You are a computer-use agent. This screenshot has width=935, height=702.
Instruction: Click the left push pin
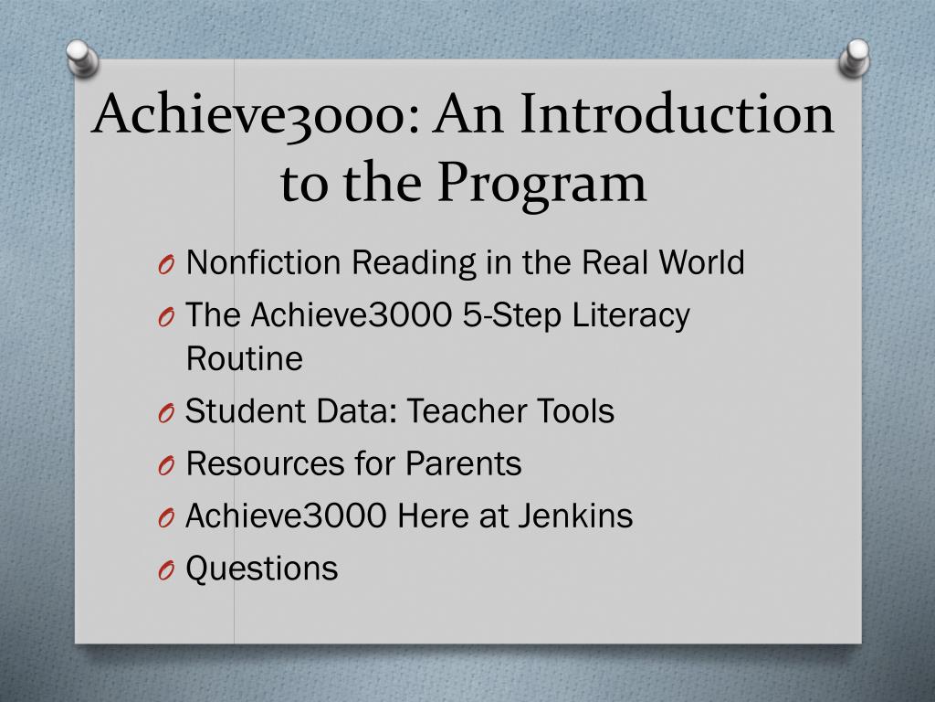81,58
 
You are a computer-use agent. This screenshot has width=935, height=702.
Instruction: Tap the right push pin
854,58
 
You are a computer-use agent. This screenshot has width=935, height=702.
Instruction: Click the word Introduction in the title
677,113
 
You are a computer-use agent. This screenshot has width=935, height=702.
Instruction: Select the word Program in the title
542,182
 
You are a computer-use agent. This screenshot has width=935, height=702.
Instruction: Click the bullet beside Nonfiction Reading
166,264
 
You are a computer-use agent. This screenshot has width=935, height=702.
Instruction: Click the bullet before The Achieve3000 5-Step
166,316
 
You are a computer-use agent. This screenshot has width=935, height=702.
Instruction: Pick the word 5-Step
511,315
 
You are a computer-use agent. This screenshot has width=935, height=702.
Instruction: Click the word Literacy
631,315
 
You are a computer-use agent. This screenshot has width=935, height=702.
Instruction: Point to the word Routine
245,358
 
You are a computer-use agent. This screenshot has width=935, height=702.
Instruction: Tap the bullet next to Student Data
166,412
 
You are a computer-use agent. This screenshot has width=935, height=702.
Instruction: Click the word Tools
575,410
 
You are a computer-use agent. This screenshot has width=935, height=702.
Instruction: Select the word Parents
463,463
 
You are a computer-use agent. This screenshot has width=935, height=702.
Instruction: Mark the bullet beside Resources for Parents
166,465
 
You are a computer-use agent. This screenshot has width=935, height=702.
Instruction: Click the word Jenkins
575,516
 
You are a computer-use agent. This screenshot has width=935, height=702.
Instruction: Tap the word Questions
262,569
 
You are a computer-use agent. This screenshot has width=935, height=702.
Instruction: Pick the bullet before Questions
166,570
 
